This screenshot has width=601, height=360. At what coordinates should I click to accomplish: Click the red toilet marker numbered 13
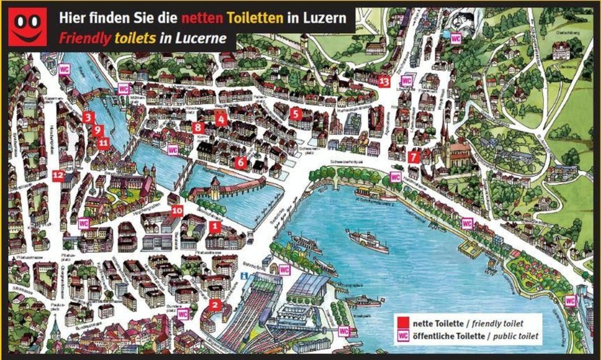pos(384,81)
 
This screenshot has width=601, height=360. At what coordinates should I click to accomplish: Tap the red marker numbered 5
pos(295,114)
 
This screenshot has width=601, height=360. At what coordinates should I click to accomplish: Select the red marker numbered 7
pos(414,157)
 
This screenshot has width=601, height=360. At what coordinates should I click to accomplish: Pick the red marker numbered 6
pos(241,162)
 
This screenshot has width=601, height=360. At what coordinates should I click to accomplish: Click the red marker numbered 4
pos(220,119)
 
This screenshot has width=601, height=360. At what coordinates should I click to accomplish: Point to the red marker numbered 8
pos(198,127)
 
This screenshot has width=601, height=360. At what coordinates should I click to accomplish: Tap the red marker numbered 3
pos(88,117)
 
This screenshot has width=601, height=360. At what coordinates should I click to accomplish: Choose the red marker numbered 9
pos(97,130)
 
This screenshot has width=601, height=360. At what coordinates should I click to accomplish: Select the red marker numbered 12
pos(58,176)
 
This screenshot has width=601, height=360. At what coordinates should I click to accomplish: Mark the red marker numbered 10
pos(177,211)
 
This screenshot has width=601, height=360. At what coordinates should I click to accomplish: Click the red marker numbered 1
pos(215,227)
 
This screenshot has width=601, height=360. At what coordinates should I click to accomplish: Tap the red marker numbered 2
pos(215,304)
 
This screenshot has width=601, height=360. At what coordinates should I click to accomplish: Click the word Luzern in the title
pos(326,18)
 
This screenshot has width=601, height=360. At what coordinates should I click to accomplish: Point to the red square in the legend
pos(403,323)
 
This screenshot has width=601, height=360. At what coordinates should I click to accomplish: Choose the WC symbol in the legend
pos(403,336)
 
